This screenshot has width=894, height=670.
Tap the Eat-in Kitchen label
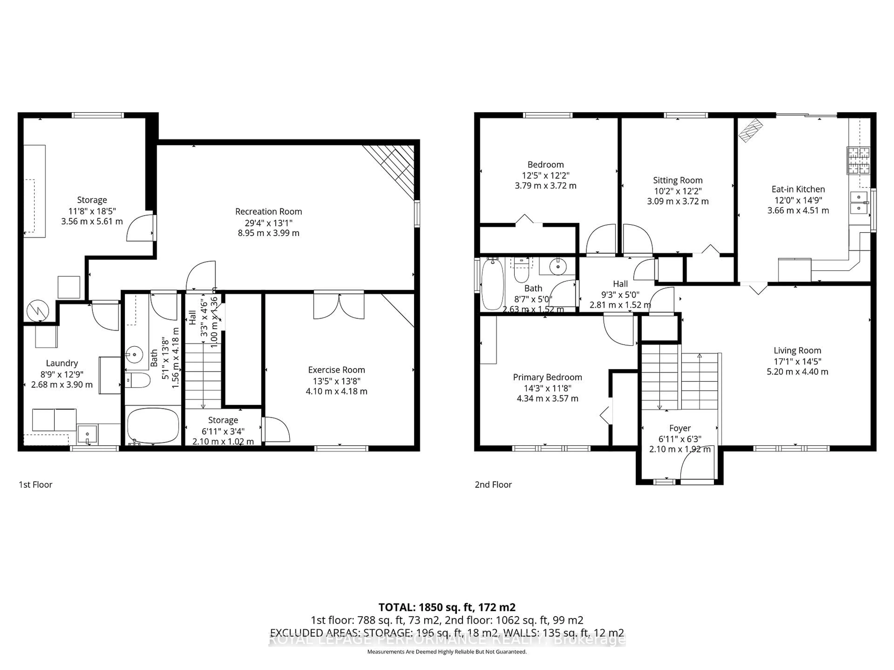(798, 189)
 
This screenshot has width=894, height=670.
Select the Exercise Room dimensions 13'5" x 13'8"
(336, 381)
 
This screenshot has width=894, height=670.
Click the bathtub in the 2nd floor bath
(492, 284)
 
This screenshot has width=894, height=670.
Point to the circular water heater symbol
(38, 311)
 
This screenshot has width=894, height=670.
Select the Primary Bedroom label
(547, 377)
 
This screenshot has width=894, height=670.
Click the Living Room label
(797, 351)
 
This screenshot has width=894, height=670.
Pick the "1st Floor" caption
(36, 485)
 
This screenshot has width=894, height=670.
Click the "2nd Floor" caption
(493, 485)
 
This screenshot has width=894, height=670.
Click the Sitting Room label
(677, 180)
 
